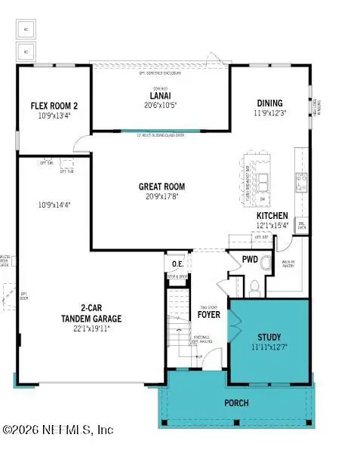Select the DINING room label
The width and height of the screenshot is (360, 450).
click(x=269, y=103)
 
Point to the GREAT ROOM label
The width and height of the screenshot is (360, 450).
click(x=161, y=186)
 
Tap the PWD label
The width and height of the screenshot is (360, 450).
click(x=250, y=259)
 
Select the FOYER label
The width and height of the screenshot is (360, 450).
click(x=209, y=314)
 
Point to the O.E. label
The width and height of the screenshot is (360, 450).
click(x=177, y=264)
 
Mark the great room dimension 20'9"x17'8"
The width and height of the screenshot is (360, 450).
click(x=161, y=197)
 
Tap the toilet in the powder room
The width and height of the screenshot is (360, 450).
click(x=254, y=285)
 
